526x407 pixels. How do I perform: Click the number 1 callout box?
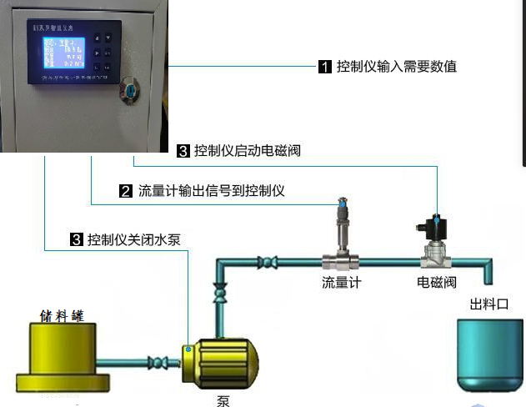[x=326, y=67]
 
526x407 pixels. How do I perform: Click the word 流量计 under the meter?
[x=342, y=282]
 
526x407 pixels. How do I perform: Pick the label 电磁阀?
[x=437, y=282]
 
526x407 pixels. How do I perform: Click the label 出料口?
[x=489, y=304]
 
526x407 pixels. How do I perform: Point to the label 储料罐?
[x=62, y=314]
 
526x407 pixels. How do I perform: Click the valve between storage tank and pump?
[x=156, y=363]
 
